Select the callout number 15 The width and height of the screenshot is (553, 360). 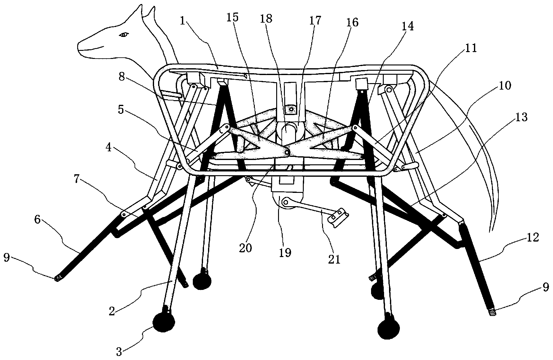click(232, 17)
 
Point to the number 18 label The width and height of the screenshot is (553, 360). click(266, 19)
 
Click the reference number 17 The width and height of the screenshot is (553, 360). click(315, 20)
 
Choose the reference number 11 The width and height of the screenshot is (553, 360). click(470, 48)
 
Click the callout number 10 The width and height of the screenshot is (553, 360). click(505, 85)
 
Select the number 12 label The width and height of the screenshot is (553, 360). click(533, 238)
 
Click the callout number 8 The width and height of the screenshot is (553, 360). click(122, 77)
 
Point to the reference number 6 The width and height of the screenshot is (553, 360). click(37, 220)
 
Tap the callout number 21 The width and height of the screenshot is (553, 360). click(334, 259)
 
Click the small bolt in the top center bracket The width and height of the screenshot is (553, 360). click(291, 109)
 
